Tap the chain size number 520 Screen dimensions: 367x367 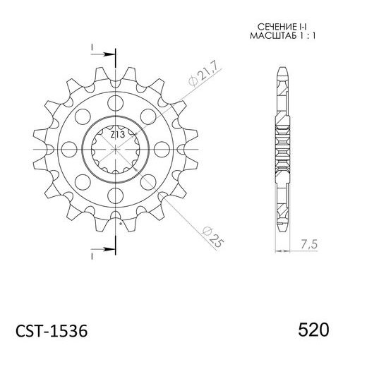pyautogui.click(x=313, y=330)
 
